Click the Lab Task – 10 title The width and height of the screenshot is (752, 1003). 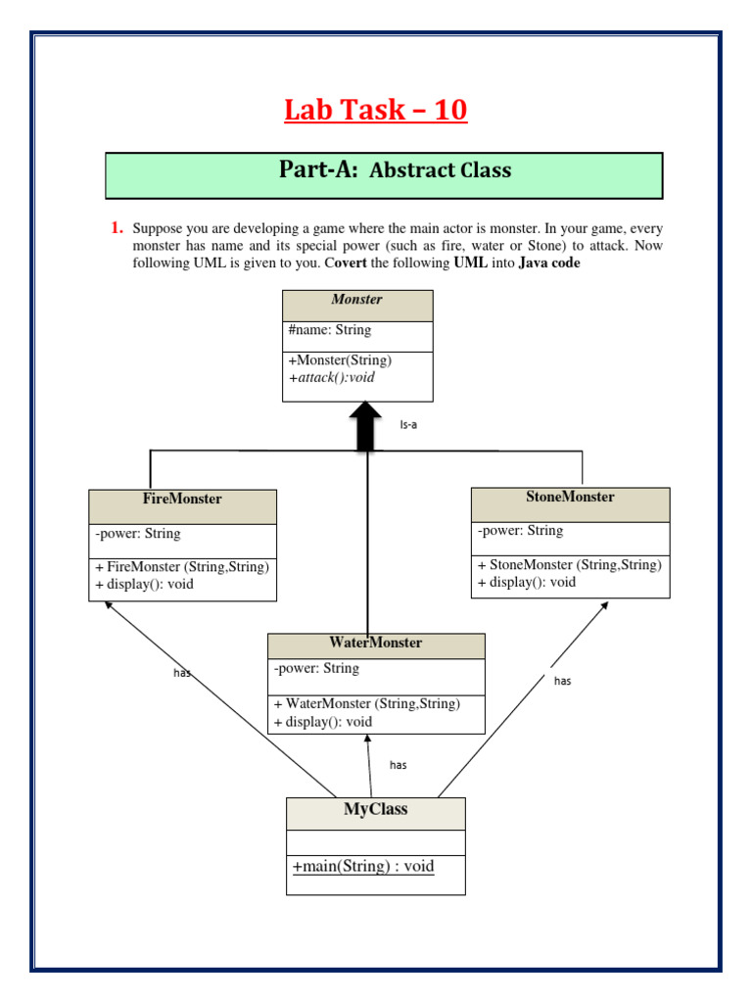tap(376, 111)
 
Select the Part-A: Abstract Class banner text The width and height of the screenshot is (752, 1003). tap(395, 170)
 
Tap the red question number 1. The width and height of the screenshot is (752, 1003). tap(117, 228)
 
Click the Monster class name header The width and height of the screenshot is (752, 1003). tap(356, 300)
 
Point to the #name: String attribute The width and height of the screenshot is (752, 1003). tap(330, 330)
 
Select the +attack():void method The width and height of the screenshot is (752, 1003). tap(332, 377)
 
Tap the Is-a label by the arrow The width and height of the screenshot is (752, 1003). tap(408, 425)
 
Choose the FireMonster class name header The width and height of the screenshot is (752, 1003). tap(182, 500)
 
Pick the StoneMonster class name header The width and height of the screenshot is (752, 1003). tap(570, 498)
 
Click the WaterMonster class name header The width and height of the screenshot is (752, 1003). tap(376, 644)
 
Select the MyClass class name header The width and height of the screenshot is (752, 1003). tap(375, 810)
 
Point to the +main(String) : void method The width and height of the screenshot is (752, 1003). tap(363, 867)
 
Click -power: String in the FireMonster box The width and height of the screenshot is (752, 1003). tap(138, 535)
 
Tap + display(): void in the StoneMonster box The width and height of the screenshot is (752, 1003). tap(527, 582)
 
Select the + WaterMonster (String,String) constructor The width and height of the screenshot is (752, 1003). tap(367, 704)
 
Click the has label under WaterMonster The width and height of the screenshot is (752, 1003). tap(398, 765)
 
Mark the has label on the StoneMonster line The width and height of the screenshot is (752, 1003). tap(562, 681)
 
